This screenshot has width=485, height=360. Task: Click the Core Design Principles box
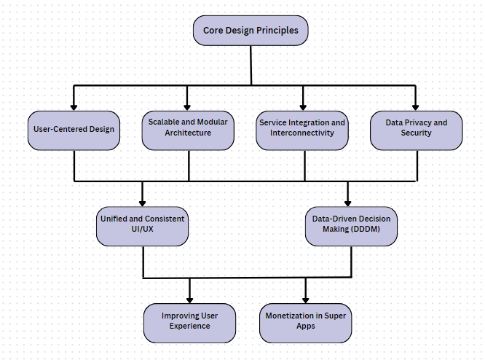[x=251, y=31]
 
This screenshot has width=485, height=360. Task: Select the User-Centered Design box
[x=74, y=130]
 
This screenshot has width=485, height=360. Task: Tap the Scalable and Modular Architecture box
[x=188, y=129]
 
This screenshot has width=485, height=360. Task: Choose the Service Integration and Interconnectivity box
[x=302, y=129]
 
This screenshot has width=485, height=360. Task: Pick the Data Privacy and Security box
[x=416, y=129]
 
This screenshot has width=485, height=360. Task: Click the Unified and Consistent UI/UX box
[x=142, y=225]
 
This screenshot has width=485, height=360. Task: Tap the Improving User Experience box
[x=189, y=322]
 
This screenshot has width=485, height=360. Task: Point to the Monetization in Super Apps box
[x=305, y=322]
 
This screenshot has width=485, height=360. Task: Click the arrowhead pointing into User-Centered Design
[x=74, y=106]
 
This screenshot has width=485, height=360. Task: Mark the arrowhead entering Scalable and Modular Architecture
[x=188, y=106]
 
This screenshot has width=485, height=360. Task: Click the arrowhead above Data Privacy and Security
[x=416, y=106]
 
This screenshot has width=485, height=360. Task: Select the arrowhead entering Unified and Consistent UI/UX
[x=142, y=202]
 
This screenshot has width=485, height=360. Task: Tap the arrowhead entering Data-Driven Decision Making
[x=347, y=202]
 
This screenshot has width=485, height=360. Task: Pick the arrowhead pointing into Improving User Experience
[x=190, y=298]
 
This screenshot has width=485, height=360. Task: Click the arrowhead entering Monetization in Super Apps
[x=305, y=298]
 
